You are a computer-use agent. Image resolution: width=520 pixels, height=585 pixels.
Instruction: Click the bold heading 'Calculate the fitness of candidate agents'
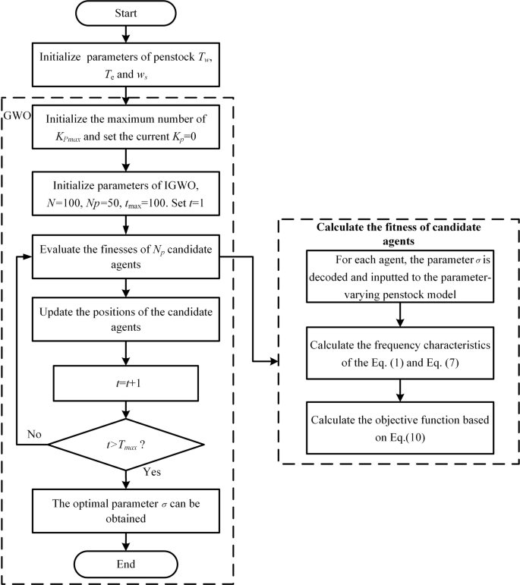tap(399, 234)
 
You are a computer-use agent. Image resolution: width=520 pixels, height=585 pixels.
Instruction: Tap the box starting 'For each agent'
tap(400, 274)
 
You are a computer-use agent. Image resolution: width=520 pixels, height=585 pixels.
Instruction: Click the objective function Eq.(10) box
tap(400, 422)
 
